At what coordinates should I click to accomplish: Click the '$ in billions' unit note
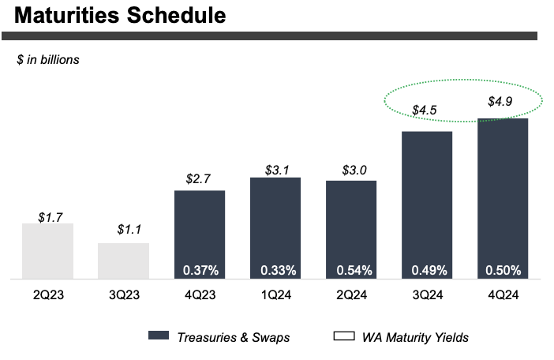pos(48,59)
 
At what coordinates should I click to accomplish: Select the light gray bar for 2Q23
pos(47,251)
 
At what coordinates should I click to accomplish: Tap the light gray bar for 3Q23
pos(123,261)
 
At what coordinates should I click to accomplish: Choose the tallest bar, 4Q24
pos(503,197)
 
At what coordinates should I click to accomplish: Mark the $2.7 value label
pos(200,178)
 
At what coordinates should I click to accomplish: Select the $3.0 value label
pos(351,170)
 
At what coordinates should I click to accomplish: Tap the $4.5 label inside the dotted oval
pos(427,110)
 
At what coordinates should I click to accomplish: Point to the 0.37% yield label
pos(200,270)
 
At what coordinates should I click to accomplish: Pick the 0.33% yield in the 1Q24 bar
pos(275,270)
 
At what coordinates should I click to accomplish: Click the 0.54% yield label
pos(351,270)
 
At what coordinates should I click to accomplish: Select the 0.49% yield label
pos(427,270)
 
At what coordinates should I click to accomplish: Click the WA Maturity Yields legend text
pos(415,337)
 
